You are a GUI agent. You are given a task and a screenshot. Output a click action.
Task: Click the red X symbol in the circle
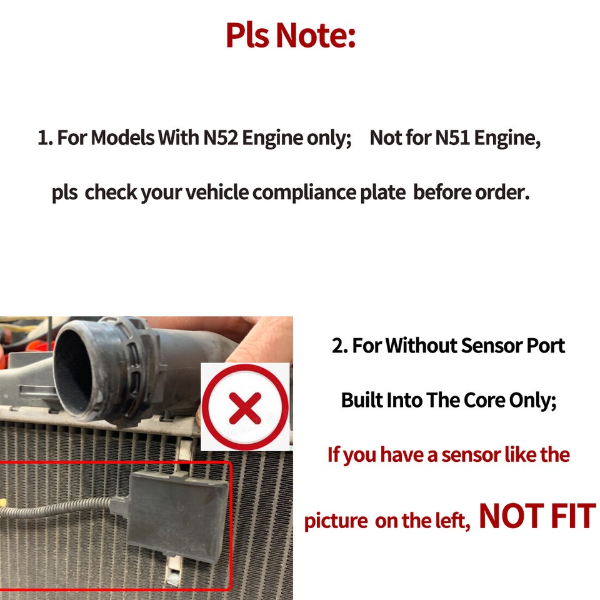[x=244, y=408]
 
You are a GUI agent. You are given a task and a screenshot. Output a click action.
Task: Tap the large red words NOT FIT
[x=536, y=517]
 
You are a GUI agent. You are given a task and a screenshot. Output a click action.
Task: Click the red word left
[x=450, y=521]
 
